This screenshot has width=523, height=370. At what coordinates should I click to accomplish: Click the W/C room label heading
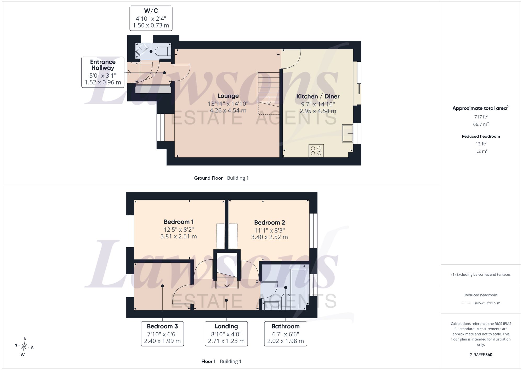[151, 11]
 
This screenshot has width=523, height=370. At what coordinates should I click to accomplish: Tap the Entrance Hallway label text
[103, 65]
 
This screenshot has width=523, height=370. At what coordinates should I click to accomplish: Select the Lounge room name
[228, 96]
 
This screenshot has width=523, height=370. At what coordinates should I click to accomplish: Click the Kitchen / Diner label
[318, 96]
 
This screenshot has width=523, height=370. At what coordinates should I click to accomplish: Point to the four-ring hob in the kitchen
[316, 151]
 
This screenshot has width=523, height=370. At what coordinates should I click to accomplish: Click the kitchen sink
[348, 133]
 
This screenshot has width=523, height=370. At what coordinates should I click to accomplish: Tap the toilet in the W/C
[163, 51]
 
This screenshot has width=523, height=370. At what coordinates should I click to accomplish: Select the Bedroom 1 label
[179, 222]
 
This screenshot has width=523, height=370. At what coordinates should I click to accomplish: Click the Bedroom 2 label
[270, 223]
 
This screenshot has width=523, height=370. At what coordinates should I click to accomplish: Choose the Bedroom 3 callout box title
[162, 326]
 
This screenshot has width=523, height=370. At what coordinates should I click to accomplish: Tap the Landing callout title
[226, 326]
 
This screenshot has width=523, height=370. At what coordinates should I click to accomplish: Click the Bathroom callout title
[286, 326]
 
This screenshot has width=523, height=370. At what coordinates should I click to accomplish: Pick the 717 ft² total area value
[481, 117]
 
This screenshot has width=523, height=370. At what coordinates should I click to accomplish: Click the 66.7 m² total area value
[481, 124]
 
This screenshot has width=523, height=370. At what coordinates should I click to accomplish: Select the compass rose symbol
[24, 347]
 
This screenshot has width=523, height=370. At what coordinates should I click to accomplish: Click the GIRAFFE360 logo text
[481, 355]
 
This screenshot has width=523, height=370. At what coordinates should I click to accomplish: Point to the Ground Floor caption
[208, 178]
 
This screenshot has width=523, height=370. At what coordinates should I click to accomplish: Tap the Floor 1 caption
[208, 361]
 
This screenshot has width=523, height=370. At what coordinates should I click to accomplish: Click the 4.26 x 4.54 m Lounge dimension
[228, 111]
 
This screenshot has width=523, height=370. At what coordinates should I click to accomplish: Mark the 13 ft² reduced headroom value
[481, 144]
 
